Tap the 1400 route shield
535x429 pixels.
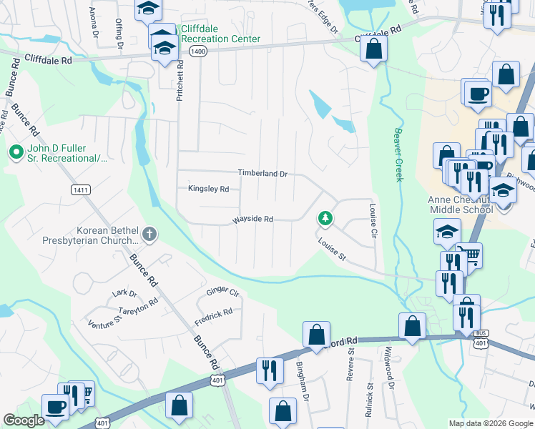[x=198, y=51]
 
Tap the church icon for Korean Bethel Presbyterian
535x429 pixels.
[x=149, y=233]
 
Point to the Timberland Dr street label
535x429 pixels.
[x=262, y=174]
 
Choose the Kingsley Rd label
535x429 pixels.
[x=208, y=189]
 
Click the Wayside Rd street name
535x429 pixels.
[x=252, y=220]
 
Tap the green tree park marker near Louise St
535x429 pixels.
[x=325, y=217]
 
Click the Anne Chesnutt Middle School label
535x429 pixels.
[x=461, y=205]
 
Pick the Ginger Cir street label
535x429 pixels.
[x=222, y=292]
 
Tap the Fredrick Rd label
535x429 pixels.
[x=213, y=318]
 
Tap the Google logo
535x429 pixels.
[x=24, y=420]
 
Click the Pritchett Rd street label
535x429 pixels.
[x=180, y=79]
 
